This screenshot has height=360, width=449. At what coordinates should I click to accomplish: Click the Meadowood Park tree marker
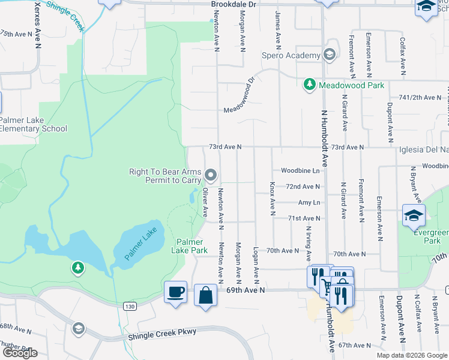tap(310, 85)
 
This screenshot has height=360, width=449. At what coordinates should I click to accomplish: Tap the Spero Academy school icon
tap(328, 56)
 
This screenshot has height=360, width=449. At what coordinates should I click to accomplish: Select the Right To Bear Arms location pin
tap(211, 175)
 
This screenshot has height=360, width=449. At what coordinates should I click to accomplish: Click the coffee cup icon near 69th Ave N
tap(175, 292)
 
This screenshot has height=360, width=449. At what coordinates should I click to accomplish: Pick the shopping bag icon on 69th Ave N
tap(205, 295)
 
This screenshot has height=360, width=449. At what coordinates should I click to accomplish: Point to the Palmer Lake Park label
tap(191, 246)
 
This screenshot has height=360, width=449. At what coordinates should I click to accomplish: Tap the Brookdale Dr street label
tap(234, 4)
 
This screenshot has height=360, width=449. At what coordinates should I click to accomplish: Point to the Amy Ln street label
tap(309, 203)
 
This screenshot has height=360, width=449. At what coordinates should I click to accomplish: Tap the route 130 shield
tap(129, 306)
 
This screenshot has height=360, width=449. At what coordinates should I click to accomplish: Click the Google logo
tap(20, 353)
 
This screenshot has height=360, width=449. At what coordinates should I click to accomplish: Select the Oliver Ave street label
tap(205, 203)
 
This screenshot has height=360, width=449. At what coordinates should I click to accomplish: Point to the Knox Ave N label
tap(272, 198)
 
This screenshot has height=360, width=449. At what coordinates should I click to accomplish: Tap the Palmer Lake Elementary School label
tap(33, 124)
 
